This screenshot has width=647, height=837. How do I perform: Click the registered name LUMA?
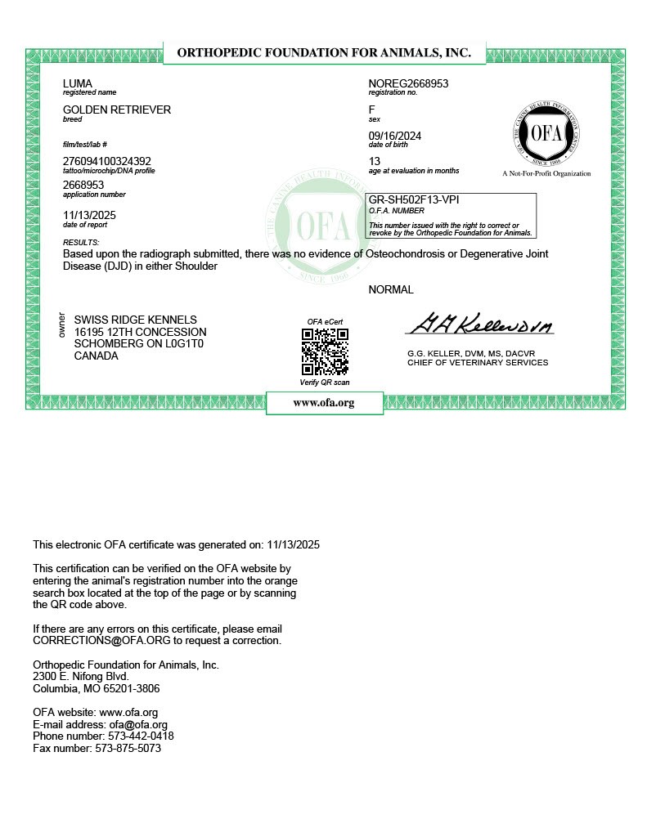point(78,83)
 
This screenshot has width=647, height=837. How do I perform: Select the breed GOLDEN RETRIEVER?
point(117,110)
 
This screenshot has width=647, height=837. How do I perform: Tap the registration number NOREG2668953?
point(408,83)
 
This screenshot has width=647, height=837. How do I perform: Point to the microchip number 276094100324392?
point(106,161)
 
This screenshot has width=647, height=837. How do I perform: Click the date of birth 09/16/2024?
point(395,136)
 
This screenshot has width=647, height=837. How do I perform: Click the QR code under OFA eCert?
point(325,352)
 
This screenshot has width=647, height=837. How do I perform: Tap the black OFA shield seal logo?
point(546,135)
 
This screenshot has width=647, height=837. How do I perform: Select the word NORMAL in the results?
point(391,289)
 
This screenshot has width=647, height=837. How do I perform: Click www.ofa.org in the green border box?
point(324,403)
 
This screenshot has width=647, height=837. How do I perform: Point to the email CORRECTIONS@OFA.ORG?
point(91,641)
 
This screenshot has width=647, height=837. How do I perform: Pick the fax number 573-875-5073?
point(128,748)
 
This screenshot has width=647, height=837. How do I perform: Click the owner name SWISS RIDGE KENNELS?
point(135,320)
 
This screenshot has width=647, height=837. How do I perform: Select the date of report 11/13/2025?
point(89,215)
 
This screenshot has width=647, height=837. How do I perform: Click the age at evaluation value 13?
point(375,161)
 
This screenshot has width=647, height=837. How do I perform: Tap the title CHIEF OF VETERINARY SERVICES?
point(478,362)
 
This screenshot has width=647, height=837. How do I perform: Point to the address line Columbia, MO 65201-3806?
point(96,688)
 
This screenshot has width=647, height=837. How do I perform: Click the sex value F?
point(372,110)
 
